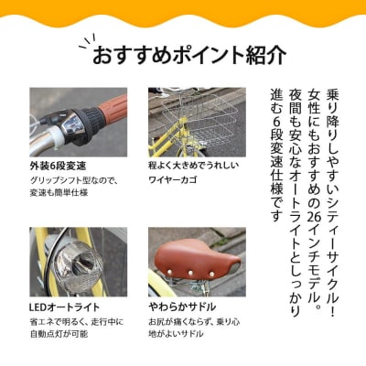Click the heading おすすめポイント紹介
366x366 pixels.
point(189,56)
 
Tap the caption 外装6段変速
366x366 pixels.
point(58,166)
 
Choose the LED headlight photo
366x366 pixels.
point(79,260)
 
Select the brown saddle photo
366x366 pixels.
point(197,260)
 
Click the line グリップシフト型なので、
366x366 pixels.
point(72,181)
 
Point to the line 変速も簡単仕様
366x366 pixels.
point(58,194)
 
